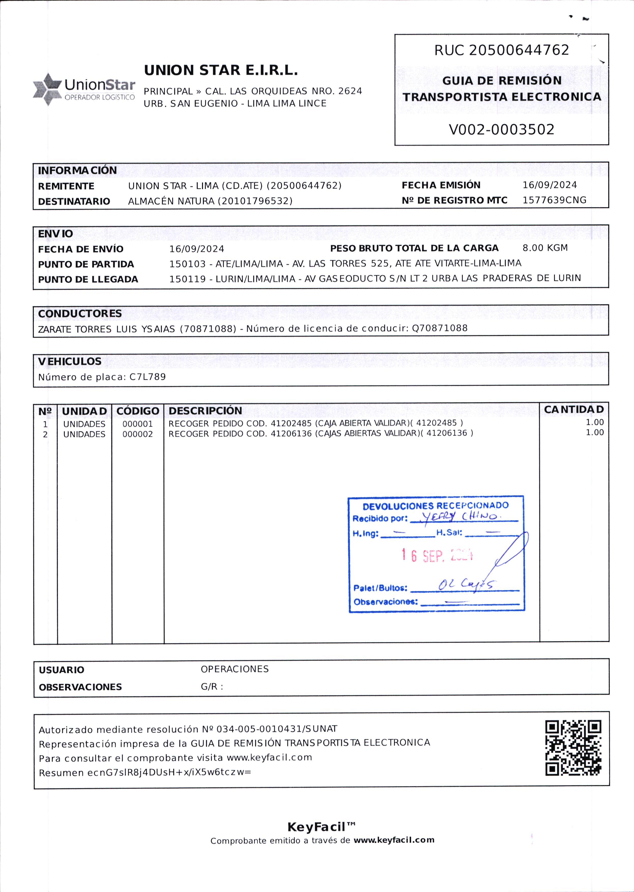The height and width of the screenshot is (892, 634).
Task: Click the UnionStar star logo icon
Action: pos(47,89)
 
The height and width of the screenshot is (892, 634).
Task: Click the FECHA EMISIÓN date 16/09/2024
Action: pos(549,185)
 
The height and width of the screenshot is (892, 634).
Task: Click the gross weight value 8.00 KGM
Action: pos(545,248)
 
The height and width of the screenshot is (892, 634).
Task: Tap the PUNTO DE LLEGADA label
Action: pos(88,280)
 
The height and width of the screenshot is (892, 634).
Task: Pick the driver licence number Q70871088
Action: pos(440,328)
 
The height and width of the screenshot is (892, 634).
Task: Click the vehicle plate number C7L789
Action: pos(148,377)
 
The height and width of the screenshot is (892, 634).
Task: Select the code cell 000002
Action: pos(137,434)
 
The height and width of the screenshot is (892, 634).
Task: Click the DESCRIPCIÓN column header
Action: pos(205,411)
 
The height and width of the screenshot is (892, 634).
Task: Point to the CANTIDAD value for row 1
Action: pos(594,423)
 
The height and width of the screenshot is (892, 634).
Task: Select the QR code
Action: pos(573,748)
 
